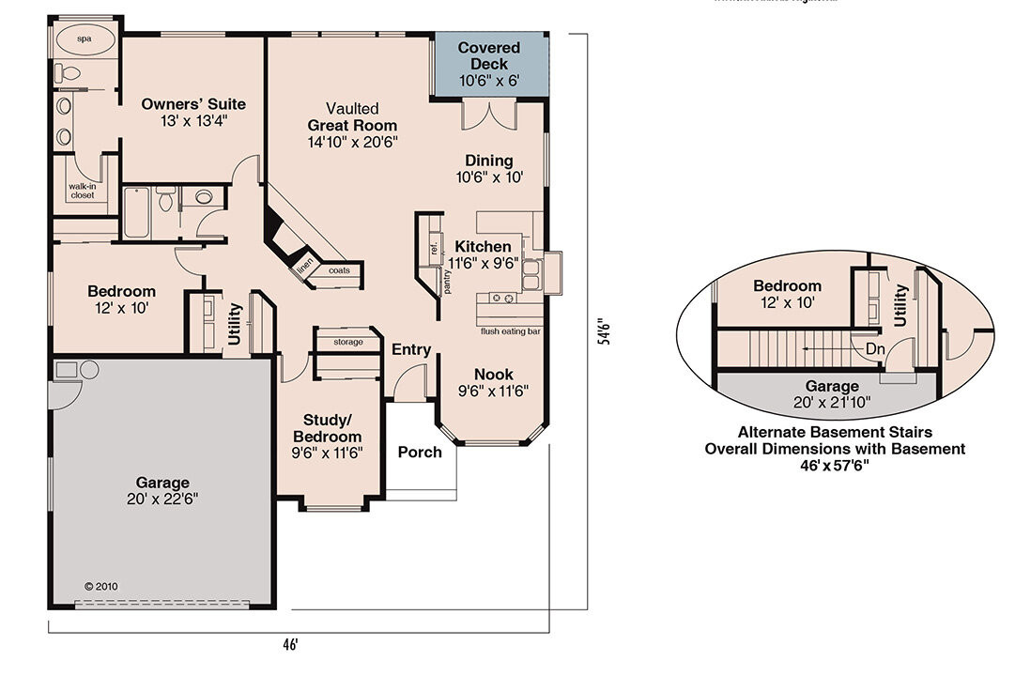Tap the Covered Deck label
(x=489, y=55)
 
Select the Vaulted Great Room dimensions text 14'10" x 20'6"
(x=352, y=142)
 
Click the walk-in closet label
(x=82, y=191)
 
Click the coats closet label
(x=339, y=270)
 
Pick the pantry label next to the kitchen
(x=448, y=282)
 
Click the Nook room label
(x=494, y=373)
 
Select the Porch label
(x=420, y=453)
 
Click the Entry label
(x=411, y=349)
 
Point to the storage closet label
(x=346, y=342)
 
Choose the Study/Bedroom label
(x=327, y=428)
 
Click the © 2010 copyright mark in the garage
(x=102, y=586)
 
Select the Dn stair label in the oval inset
(x=875, y=348)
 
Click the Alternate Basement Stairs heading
(x=835, y=433)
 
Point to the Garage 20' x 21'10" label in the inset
(x=832, y=393)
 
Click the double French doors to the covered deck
(x=489, y=115)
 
